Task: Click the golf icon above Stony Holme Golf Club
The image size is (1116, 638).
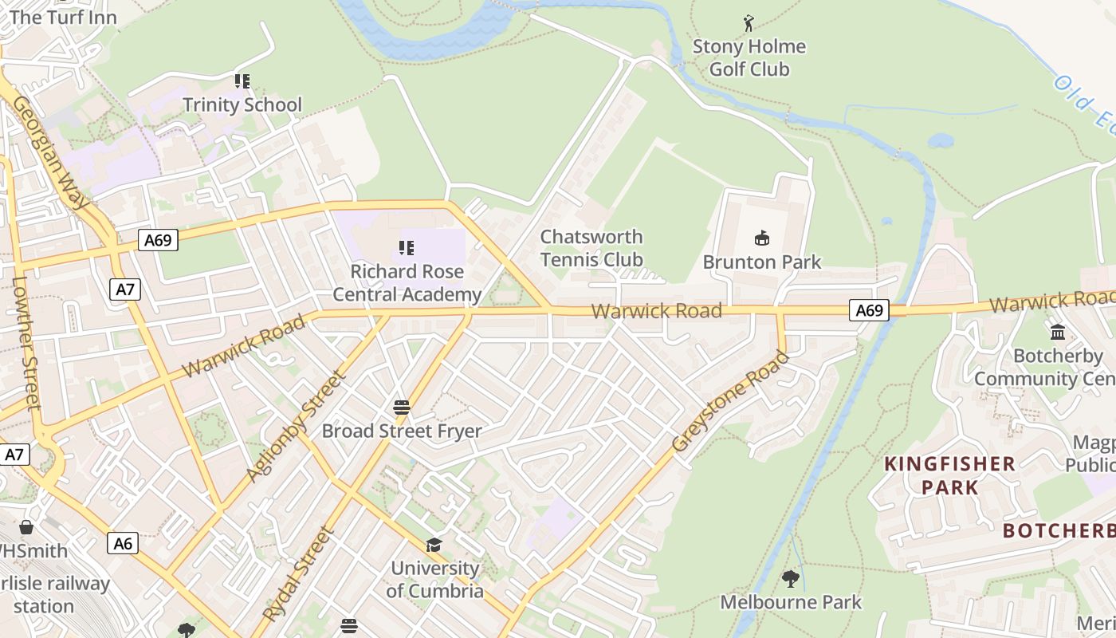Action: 748,23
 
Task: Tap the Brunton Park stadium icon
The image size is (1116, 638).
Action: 762,238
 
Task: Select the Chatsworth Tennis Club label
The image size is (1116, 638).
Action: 591,248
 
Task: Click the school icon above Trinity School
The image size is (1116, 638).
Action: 242,81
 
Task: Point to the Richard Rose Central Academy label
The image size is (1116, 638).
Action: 407,283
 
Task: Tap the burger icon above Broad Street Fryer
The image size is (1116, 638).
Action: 402,408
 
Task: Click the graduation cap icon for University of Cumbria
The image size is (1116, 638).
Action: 434,545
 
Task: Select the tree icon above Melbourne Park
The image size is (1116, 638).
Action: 791,578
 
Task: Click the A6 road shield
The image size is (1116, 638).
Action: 123,543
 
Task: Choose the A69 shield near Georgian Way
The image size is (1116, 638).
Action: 157,240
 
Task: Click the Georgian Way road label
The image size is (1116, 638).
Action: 49,152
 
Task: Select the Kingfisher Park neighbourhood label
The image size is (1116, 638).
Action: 949,475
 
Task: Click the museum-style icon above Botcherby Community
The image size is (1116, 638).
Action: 1058,332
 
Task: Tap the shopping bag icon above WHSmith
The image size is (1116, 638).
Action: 26,527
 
